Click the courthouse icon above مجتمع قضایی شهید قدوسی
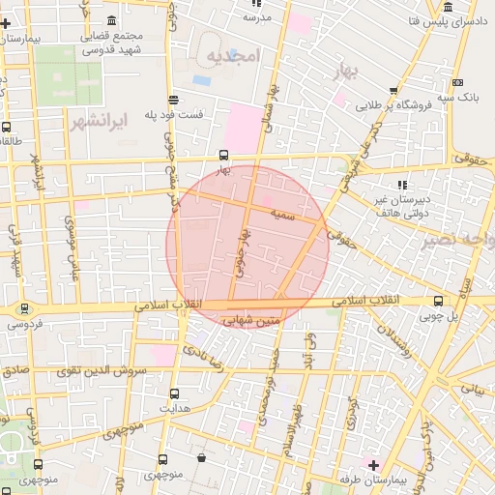[x=113, y=20]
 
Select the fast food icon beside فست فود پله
[x=173, y=99]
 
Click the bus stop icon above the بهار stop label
[x=223, y=154]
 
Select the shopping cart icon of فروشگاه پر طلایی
[x=393, y=91]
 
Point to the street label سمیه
[x=281, y=210]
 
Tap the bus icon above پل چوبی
[x=439, y=301]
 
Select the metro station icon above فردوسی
[x=24, y=309]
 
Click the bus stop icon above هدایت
[x=174, y=393]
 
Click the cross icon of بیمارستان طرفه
[x=373, y=465]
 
